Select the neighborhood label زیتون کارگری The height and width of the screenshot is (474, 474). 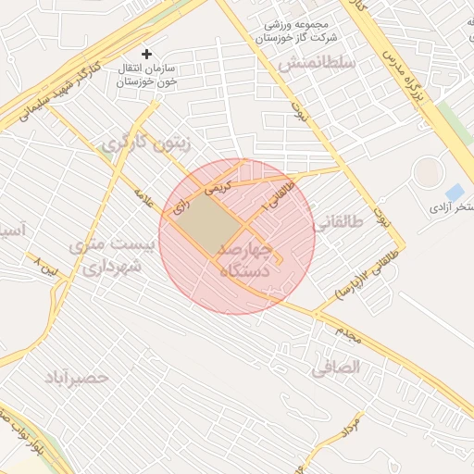click(147, 144)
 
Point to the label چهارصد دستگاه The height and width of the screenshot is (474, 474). click(244, 260)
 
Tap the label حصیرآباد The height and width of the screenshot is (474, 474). click(77, 378)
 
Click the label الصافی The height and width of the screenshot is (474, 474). click(335, 368)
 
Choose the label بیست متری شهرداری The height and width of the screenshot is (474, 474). click(107, 256)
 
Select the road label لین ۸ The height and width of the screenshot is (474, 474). click(44, 268)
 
